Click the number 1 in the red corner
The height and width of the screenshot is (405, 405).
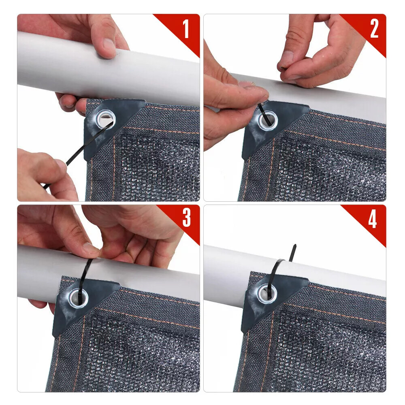[x=186, y=29]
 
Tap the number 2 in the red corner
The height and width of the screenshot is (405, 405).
[x=374, y=29]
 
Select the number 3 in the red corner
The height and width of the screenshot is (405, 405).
[x=186, y=217]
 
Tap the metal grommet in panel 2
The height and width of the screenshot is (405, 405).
[x=268, y=120]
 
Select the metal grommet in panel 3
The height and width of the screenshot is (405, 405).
[x=79, y=298]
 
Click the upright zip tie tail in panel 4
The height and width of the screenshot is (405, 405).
[x=293, y=253]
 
